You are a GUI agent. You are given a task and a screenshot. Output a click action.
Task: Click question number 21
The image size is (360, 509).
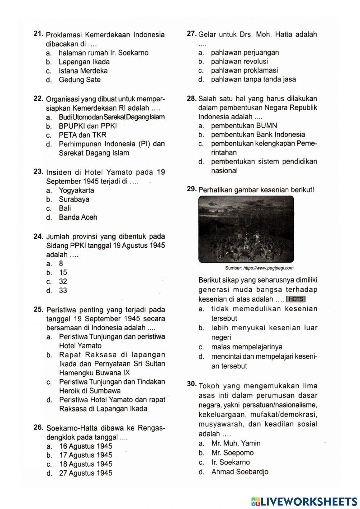tap(39, 34)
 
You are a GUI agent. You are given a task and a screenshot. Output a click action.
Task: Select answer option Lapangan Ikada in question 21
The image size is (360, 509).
tap(84, 62)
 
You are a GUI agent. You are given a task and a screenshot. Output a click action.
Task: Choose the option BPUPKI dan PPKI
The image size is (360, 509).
tap(87, 126)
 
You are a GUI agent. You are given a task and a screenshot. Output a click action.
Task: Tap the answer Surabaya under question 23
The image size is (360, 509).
tap(74, 199)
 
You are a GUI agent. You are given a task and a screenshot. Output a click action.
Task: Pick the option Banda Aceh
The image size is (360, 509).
tap(78, 217)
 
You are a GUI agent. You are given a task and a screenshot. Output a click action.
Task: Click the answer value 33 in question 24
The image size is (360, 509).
tap(63, 290)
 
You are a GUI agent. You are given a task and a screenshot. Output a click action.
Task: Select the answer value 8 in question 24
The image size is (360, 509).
tap(61, 263)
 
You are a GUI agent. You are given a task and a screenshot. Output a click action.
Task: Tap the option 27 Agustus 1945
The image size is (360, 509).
tap(85, 473)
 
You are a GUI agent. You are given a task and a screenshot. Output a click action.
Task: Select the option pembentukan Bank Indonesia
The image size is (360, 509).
tap(258, 134)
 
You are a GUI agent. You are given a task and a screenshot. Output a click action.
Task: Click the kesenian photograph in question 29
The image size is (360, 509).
tap(246, 229)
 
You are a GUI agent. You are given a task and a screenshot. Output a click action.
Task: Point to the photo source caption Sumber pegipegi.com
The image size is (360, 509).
tap(259, 268)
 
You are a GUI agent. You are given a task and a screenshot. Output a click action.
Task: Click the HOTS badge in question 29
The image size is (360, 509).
tap(296, 299)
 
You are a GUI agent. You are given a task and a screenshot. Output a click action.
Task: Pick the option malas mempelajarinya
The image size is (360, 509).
tap(247, 347)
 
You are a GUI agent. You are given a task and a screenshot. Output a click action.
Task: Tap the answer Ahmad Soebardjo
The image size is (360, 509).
tap(240, 472)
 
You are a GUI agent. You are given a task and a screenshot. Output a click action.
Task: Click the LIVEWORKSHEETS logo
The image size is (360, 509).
tap(304, 501)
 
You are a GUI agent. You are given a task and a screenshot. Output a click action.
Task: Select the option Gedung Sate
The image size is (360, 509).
tap(80, 80)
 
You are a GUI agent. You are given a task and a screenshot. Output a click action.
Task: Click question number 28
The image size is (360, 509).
tap(192, 98)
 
